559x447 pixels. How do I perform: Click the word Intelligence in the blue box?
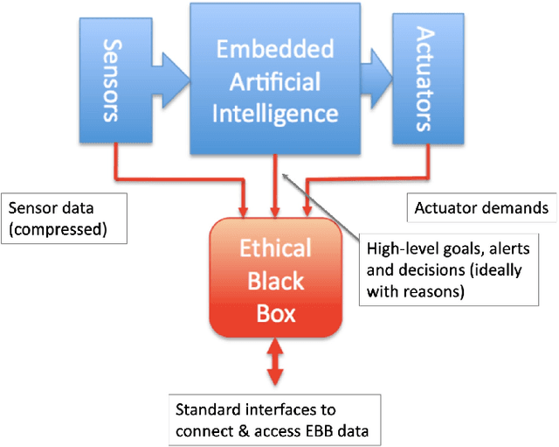click(x=277, y=114)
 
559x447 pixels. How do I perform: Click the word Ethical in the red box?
click(x=275, y=248)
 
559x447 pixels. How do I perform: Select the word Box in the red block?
click(x=275, y=312)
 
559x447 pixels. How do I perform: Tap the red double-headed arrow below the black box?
click(x=275, y=363)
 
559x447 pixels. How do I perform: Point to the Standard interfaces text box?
click(x=274, y=418)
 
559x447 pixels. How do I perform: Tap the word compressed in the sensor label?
click(x=52, y=229)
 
